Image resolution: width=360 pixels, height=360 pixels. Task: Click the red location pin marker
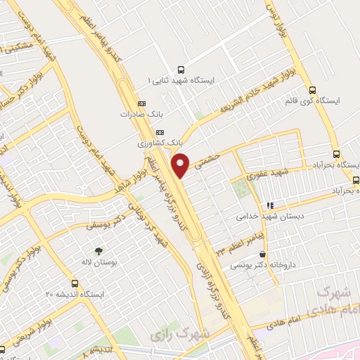click(181, 165)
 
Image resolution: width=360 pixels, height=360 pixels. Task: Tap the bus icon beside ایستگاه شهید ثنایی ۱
click(181, 70)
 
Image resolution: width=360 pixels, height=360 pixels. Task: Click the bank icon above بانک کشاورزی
click(160, 132)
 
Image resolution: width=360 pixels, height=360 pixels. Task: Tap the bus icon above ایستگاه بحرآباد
click(336, 154)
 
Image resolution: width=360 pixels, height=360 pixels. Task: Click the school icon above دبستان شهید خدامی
click(269, 206)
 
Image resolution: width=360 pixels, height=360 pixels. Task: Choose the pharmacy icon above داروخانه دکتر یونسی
click(263, 255)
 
